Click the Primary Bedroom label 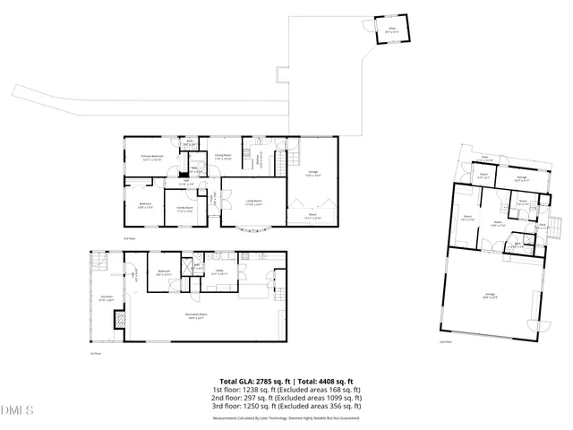pyautogui.click(x=151, y=159)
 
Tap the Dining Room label pyautogui.click(x=223, y=156)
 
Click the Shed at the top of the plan pyautogui.click(x=391, y=30)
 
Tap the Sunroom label pyautogui.click(x=106, y=298)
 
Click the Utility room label pyautogui.click(x=219, y=272)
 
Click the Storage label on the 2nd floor pyautogui.click(x=521, y=177)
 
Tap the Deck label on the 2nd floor pyautogui.click(x=543, y=225)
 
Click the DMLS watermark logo pyautogui.click(x=17, y=410)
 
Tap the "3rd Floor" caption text pyautogui.click(x=128, y=238)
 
